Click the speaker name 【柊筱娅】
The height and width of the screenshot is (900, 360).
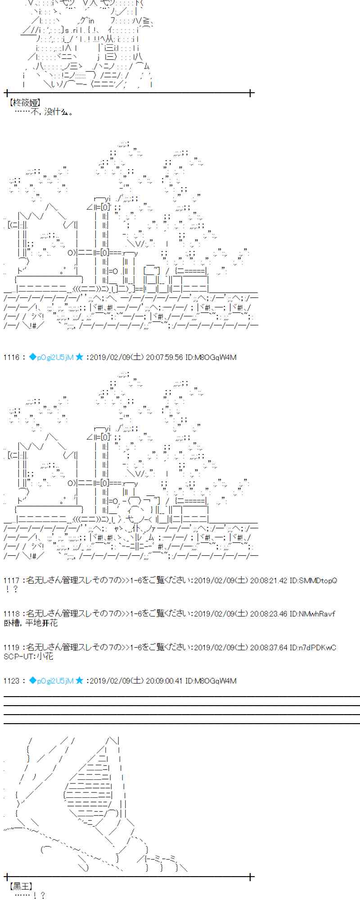point(24,103)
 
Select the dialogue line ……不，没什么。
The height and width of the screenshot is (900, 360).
point(44,112)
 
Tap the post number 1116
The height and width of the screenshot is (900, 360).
point(11,357)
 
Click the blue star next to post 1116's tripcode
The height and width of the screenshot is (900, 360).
point(79,357)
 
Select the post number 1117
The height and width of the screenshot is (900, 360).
point(11,580)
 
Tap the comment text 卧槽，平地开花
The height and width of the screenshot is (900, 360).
point(31,623)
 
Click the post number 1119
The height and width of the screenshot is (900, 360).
point(11,648)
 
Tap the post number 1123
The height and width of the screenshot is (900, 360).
point(11,681)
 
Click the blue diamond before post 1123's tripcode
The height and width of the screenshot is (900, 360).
point(32,681)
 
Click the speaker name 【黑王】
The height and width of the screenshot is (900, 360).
point(21,886)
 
